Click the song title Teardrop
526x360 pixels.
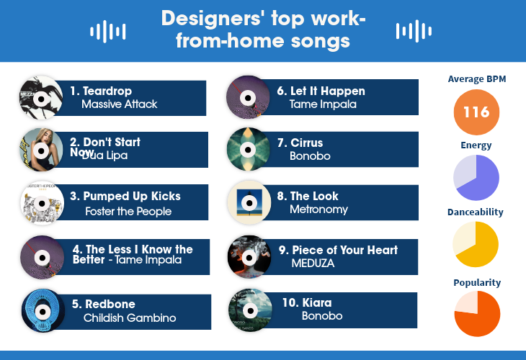click(x=107, y=91)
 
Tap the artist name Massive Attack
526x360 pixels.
click(x=119, y=104)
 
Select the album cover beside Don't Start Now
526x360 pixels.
click(x=41, y=150)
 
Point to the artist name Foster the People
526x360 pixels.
click(x=128, y=211)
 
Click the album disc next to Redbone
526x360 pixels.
click(x=43, y=310)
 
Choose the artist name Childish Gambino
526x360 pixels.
click(x=130, y=318)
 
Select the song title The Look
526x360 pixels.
click(x=314, y=196)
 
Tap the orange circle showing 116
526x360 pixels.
click(x=476, y=112)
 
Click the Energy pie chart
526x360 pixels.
click(x=476, y=177)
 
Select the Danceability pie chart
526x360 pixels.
click(x=476, y=244)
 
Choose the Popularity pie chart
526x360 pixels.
click(x=476, y=314)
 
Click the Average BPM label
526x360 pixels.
click(x=476, y=78)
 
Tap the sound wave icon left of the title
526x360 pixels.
click(x=107, y=31)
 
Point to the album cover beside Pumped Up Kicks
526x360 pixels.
click(x=42, y=202)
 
